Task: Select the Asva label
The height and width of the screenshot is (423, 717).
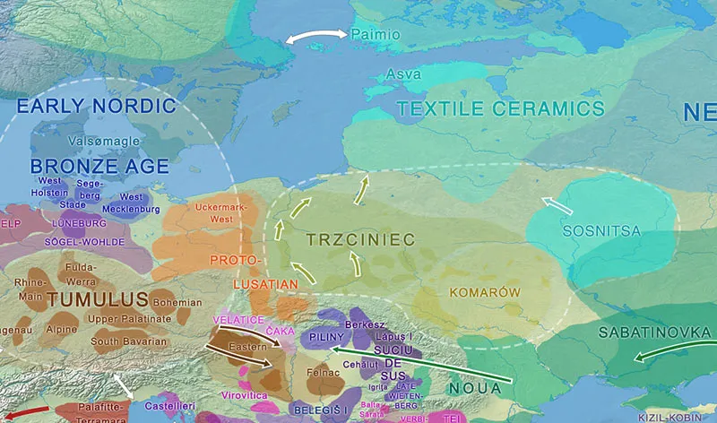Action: pyautogui.click(x=402, y=74)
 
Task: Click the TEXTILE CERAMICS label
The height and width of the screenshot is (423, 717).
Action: pyautogui.click(x=500, y=109)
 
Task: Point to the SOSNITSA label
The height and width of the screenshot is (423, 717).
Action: pyautogui.click(x=601, y=231)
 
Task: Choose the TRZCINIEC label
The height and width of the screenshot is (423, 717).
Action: pyautogui.click(x=360, y=240)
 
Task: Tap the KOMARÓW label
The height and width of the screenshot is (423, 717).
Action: pyautogui.click(x=484, y=292)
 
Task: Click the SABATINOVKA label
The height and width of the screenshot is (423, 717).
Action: pyautogui.click(x=653, y=333)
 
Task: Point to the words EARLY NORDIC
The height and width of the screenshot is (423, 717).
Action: pyautogui.click(x=97, y=106)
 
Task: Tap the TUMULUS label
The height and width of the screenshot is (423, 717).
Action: pyautogui.click(x=97, y=299)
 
